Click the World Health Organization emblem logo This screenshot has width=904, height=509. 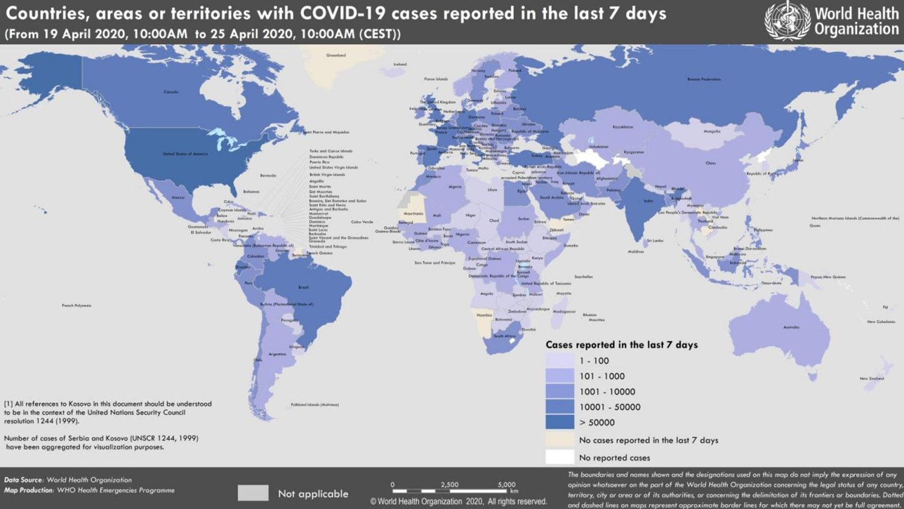[x=787, y=21]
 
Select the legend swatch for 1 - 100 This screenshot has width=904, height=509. [x=559, y=361]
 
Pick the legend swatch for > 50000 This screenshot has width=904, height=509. [x=559, y=422]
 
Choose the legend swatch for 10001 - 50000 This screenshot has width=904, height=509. [x=559, y=406]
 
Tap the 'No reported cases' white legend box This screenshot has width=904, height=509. [x=559, y=457]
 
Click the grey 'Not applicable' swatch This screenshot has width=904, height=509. [x=253, y=493]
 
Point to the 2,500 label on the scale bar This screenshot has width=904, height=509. [x=449, y=484]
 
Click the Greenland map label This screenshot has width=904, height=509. [x=336, y=55]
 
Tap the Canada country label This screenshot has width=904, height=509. [x=171, y=92]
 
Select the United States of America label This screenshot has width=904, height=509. [x=185, y=154]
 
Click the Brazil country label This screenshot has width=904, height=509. [x=303, y=287]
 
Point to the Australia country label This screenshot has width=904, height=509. [x=791, y=327]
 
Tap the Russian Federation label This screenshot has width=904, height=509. [x=704, y=79]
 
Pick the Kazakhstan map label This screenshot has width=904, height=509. [x=623, y=127]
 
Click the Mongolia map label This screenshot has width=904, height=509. [x=712, y=131]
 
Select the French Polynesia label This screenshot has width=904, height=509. [x=77, y=306]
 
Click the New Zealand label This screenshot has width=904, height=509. [x=872, y=378]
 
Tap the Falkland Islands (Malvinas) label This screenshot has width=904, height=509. [x=315, y=405]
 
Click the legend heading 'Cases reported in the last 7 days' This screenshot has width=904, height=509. [x=621, y=345]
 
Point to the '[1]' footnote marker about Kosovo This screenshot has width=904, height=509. [x=8, y=404]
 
